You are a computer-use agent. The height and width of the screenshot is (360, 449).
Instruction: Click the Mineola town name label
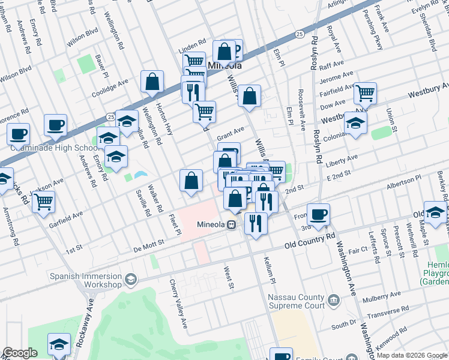tap(224, 65)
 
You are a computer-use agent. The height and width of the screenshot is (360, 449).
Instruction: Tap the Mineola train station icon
tap(231, 226)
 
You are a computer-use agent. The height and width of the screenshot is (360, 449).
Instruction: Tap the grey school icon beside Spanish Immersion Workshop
tap(130, 279)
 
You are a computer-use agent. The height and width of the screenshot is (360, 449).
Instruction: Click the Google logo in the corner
tap(20, 353)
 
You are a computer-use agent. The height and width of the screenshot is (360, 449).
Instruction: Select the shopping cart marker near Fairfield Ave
tap(364, 93)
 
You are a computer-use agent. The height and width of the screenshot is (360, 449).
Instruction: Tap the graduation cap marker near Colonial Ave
tap(355, 123)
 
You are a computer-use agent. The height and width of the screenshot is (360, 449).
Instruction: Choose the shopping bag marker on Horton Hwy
tap(152, 82)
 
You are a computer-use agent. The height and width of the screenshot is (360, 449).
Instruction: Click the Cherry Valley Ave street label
tap(179, 304)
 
